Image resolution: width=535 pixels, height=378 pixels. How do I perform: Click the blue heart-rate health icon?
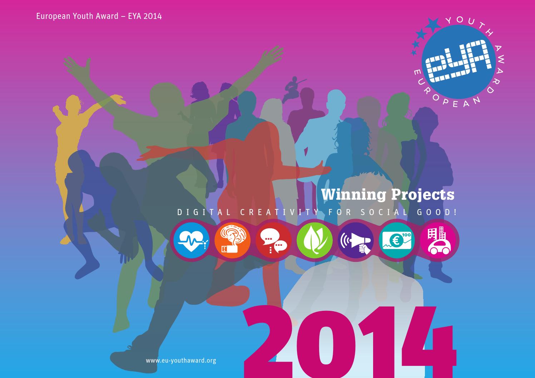pos(191,240)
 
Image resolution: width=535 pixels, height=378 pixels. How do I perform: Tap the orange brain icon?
pos(232,240)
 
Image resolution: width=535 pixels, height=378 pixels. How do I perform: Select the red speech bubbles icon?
pos(273,240)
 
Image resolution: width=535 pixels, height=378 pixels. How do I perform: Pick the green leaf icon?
pos(314,240)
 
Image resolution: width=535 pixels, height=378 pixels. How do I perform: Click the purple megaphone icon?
pos(356,240)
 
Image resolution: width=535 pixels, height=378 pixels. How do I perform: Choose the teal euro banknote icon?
pos(397,240)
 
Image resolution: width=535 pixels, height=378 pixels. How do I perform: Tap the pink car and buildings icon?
pos(438,240)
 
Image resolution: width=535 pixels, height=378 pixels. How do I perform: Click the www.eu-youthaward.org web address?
pos(181,360)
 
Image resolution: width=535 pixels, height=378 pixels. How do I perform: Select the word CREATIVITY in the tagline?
pos(280,212)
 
